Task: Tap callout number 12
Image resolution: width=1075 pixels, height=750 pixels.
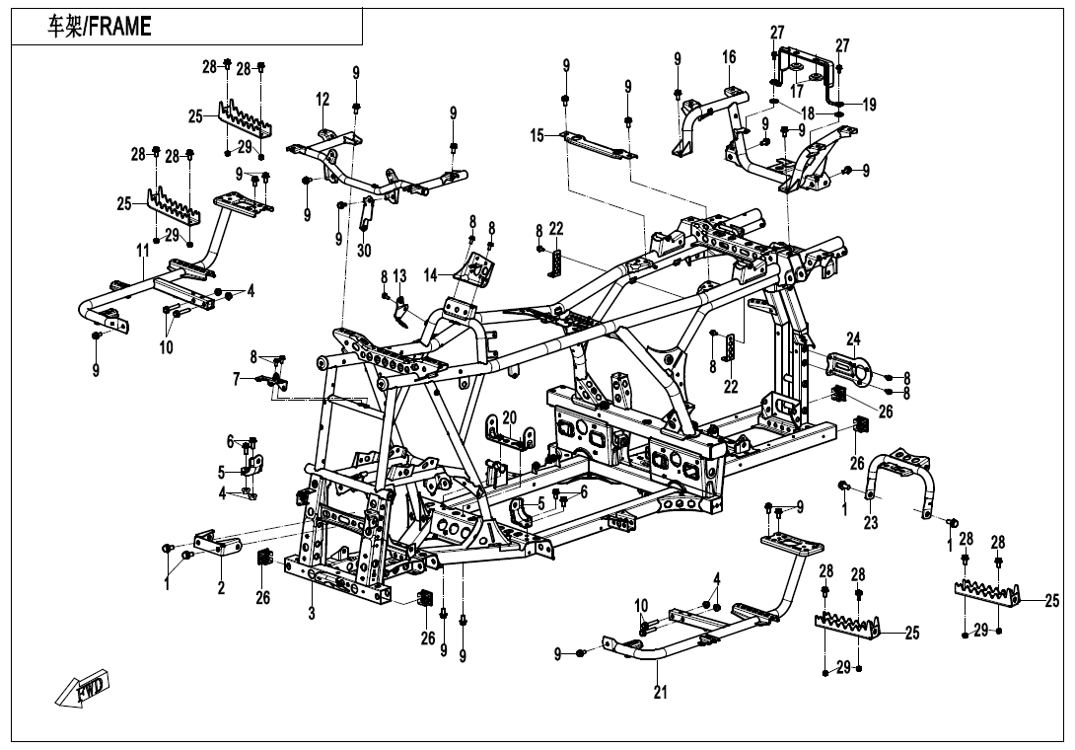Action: pos(322,100)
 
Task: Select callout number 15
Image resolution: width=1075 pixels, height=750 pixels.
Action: pos(537,135)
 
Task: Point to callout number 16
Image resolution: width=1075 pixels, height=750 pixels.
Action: pos(729,58)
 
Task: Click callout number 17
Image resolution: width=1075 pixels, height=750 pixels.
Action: pos(796,91)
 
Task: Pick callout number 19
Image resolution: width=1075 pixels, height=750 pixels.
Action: pos(869,106)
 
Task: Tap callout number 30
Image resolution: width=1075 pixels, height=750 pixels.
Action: pos(364,251)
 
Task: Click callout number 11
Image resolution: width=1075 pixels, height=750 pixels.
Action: pos(143,253)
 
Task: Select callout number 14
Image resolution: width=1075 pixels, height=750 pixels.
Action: pos(430,275)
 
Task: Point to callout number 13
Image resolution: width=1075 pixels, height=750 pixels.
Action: pos(399,274)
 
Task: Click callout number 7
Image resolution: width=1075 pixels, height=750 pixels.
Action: pos(237,378)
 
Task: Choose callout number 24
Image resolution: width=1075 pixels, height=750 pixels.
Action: pos(853,338)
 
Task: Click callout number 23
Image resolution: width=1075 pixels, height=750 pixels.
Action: pos(871,524)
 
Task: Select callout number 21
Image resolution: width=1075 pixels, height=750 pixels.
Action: pos(660,693)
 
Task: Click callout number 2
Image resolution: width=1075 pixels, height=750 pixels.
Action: pos(221,588)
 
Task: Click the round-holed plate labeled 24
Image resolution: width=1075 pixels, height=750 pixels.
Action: pos(849,370)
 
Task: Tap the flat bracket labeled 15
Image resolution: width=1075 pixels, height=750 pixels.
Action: pos(597,145)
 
